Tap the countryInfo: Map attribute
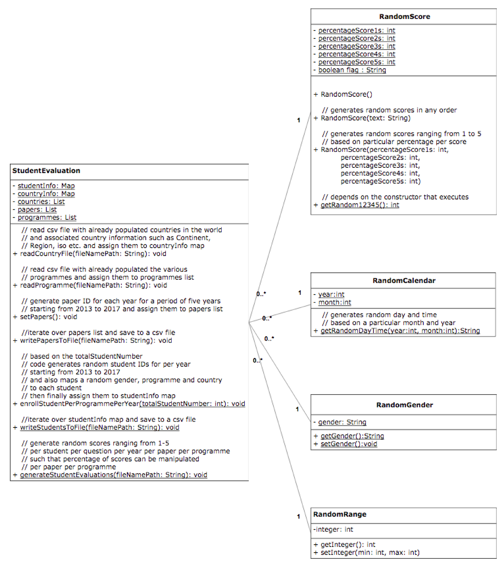46,194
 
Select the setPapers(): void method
48,317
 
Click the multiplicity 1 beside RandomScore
299,120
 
